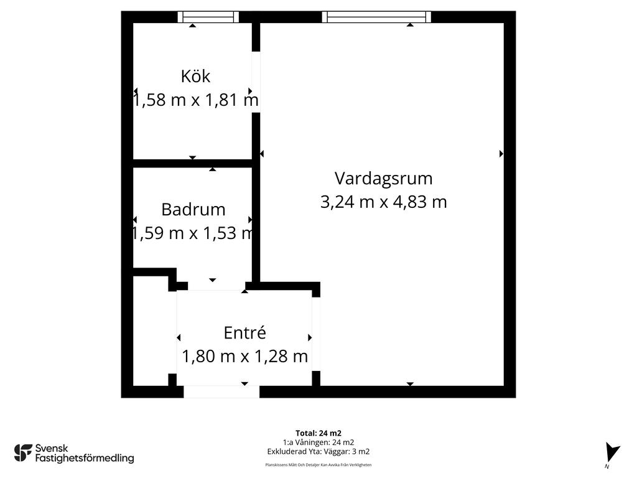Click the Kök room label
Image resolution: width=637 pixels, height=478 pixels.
tap(195, 77)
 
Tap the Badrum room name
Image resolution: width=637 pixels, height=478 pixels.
tap(193, 210)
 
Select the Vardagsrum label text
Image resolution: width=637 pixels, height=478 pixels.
tap(383, 179)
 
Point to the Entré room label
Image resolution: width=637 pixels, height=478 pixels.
tap(245, 332)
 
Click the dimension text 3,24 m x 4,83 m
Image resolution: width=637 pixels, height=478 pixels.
tap(383, 202)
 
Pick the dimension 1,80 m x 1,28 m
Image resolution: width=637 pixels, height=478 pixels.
tap(244, 357)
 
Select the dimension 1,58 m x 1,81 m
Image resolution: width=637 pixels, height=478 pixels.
tap(196, 100)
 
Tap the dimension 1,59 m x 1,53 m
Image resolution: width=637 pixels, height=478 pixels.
tap(193, 233)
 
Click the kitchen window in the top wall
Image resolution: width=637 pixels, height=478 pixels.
tap(208, 17)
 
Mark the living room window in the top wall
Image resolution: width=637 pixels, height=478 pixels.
tap(376, 17)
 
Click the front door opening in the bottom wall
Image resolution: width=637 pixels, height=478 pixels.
tap(221, 392)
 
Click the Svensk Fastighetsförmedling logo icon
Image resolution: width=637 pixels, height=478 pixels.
tap(23, 453)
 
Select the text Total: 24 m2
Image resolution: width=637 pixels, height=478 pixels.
tap(318, 433)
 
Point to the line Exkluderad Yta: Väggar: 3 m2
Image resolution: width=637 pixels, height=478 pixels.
tap(318, 452)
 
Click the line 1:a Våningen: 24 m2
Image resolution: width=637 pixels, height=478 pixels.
tap(318, 443)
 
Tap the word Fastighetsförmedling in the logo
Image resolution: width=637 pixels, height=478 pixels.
tap(85, 459)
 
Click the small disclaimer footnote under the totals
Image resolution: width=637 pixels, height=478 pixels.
tap(318, 465)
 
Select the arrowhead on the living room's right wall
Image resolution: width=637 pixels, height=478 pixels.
tap(501, 154)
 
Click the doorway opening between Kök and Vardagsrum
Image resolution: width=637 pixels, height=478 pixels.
tap(256, 82)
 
